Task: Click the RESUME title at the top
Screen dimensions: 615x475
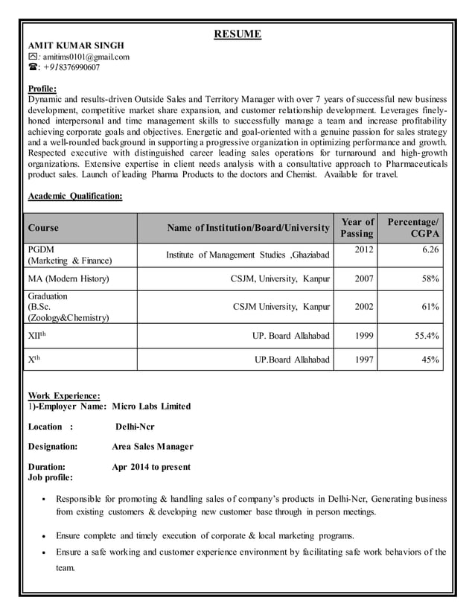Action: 238,34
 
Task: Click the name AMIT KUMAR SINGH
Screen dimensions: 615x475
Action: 75,45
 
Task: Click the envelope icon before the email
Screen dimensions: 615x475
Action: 32,57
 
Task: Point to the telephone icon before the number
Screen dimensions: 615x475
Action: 32,68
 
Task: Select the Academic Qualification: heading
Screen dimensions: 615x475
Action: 74,196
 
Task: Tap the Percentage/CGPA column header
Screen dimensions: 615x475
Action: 413,228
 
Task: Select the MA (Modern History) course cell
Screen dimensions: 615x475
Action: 68,278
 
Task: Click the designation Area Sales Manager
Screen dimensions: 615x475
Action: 152,447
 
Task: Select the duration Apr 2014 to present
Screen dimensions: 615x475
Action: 150,467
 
